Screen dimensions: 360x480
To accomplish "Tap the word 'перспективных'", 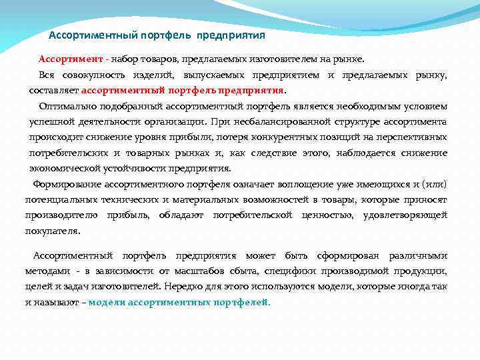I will pyautogui.click(x=414, y=137).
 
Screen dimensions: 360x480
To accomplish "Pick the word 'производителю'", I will pyautogui.click(x=61, y=215).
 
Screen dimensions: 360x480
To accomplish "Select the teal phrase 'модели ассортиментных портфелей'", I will pyautogui.click(x=178, y=301).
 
